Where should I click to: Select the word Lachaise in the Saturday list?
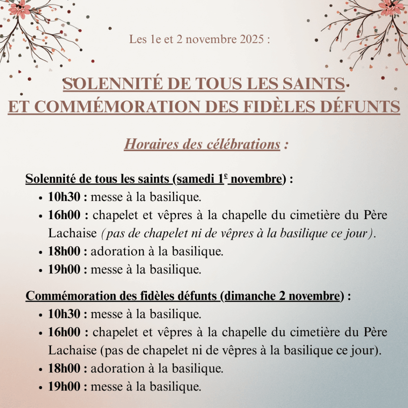[x=73, y=233]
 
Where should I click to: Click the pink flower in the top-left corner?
[x=20, y=9]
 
